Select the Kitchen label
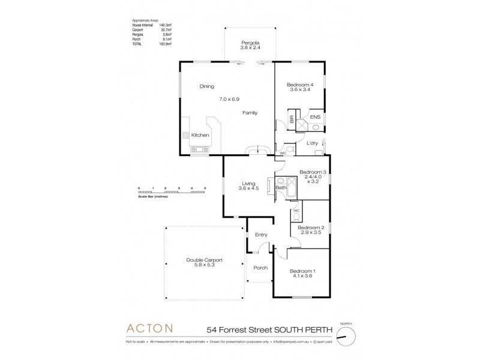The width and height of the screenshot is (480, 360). pos(200,136)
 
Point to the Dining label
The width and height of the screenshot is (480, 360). pos(206,86)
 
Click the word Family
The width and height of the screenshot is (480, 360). pos(250,113)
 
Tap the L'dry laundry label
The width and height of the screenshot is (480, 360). pos(312,143)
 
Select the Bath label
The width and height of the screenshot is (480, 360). pos(280,188)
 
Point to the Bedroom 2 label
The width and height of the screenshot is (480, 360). pos(311,228)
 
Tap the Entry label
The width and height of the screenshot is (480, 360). pos(261,235)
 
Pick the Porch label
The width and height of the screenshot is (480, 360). pos(260,268)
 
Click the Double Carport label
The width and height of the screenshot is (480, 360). pos(205,260)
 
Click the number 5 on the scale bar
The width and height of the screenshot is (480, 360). pos(205,188)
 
